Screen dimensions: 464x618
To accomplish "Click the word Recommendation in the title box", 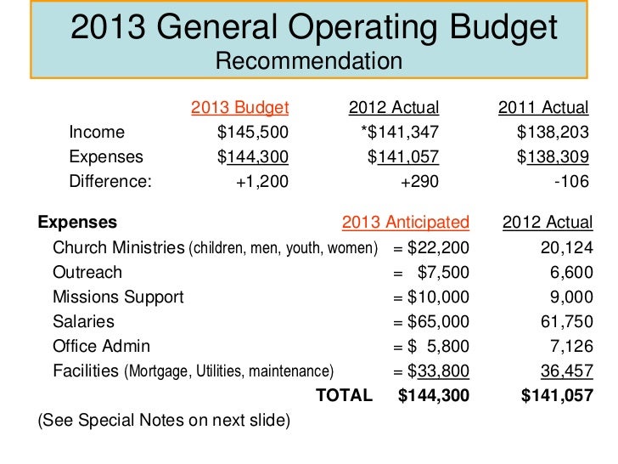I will (x=308, y=61).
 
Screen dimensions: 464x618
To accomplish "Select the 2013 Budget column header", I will (x=240, y=107).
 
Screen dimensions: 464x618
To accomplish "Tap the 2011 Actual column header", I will (x=543, y=107).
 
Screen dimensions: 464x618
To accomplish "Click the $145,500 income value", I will (x=253, y=132).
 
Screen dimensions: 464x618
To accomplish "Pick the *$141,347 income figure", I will (x=399, y=132).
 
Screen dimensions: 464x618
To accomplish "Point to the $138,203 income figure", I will (x=553, y=132).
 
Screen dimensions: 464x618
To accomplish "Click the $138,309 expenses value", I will (x=553, y=156).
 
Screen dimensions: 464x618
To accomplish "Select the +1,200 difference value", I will (x=261, y=181).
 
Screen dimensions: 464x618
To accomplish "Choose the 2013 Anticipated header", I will (x=406, y=223).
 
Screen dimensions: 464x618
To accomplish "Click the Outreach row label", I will (x=87, y=272).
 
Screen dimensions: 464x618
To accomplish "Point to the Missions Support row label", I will (x=118, y=297).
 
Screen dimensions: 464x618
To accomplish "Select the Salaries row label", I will (x=83, y=322).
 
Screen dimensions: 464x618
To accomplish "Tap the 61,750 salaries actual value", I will (x=566, y=322).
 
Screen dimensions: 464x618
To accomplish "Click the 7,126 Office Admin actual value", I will (x=570, y=346).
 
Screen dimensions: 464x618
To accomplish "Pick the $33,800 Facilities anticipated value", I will (x=438, y=371).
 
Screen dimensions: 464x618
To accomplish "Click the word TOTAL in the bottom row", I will (x=344, y=395).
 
